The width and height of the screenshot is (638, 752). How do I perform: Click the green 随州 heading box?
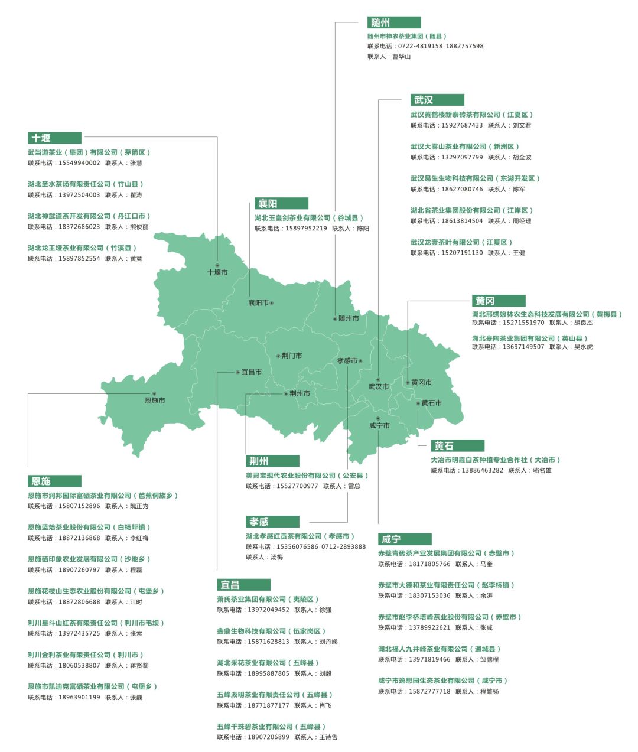(393, 22)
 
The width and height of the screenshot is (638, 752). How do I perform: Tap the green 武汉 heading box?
(437, 100)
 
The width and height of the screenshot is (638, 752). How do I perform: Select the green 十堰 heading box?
(54, 138)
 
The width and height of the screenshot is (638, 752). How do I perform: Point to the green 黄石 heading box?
(457, 445)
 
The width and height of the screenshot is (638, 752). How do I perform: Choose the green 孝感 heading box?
(272, 522)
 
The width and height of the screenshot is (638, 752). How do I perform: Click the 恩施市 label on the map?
(155, 401)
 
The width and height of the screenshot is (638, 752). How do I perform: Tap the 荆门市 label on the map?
(292, 356)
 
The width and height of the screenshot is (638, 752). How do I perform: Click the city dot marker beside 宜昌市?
(237, 372)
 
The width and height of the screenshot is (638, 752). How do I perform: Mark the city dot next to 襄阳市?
(272, 303)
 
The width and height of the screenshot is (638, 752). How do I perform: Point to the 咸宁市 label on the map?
(379, 425)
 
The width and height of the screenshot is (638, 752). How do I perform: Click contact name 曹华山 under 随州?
(401, 57)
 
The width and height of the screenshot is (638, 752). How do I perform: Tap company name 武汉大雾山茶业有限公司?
(449, 147)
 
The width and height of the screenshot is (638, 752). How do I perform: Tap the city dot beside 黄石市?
(418, 403)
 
